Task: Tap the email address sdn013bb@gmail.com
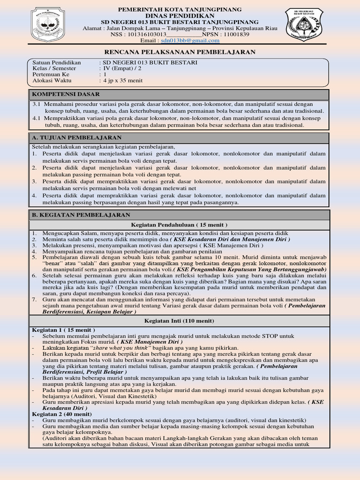[x=187, y=41]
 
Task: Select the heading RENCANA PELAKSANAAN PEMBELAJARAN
[x=180, y=52]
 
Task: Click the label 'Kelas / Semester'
[x=54, y=68]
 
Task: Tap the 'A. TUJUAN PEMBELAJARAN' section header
[x=77, y=137]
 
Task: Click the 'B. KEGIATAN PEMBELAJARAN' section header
[x=81, y=215]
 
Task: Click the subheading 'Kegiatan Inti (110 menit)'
[x=180, y=321]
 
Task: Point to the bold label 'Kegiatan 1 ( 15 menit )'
[x=63, y=330]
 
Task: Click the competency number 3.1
[x=37, y=104]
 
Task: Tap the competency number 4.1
[x=37, y=118]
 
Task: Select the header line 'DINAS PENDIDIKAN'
[x=180, y=15]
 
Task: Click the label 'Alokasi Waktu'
[x=52, y=81]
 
